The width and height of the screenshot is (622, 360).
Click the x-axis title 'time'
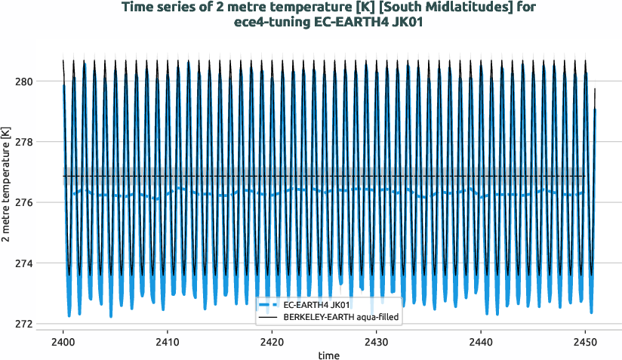tap(328, 355)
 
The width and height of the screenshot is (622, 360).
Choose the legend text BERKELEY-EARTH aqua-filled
tap(341, 318)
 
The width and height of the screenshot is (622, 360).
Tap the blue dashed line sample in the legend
tap(268, 305)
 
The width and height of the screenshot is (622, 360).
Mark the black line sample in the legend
tap(268, 318)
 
